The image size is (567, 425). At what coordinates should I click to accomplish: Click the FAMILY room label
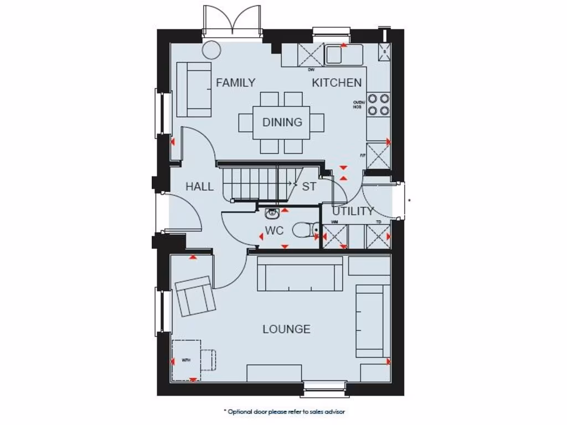(x=236, y=83)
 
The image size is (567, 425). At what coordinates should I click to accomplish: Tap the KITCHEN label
(x=337, y=83)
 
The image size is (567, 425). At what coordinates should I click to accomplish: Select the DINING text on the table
(x=282, y=122)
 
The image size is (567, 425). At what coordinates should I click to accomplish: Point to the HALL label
(x=199, y=187)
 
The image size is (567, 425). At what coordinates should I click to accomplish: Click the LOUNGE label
(x=286, y=329)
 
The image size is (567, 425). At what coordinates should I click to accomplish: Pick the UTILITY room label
(x=353, y=211)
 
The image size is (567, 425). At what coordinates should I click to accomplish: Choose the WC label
(x=275, y=230)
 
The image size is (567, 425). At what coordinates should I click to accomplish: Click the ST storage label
(x=309, y=187)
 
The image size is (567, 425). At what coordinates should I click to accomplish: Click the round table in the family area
(x=210, y=50)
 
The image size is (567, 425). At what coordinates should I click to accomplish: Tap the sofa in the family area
(x=194, y=89)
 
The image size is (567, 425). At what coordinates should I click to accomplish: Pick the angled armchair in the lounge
(x=194, y=296)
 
